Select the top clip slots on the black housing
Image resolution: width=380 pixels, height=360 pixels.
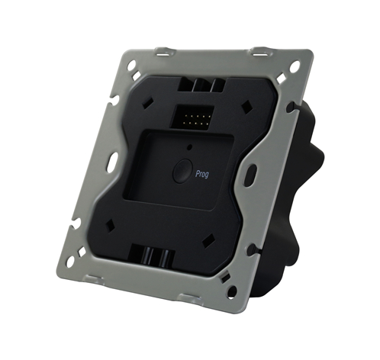coord(200,85)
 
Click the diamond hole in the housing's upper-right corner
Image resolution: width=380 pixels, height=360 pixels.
coord(246,107)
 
